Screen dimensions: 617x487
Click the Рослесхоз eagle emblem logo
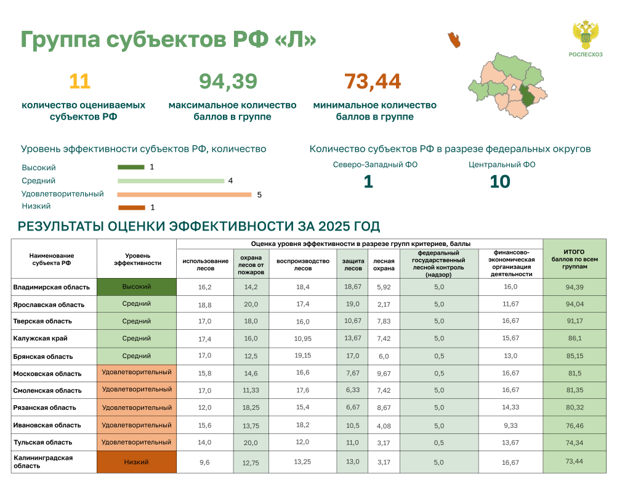point(586,35)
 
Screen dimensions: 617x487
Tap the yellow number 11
point(80,81)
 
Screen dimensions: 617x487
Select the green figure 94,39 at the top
point(228,81)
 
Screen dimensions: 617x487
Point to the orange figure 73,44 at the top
point(373,81)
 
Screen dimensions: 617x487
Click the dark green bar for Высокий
point(131,167)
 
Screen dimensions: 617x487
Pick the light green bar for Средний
point(171,181)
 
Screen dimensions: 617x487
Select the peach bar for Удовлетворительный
point(185,195)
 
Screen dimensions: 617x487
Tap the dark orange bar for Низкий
point(132,208)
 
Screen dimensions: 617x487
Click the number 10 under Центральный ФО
point(500,182)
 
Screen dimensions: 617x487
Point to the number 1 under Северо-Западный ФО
point(368,182)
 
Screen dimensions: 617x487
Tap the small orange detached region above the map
point(454,40)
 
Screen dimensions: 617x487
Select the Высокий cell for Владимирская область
point(137,287)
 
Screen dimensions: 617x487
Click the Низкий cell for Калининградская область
point(137,462)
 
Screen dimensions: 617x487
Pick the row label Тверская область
point(42,321)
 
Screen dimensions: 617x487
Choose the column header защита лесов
point(353,264)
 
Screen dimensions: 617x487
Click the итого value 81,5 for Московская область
point(575,373)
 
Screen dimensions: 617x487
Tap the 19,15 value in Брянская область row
point(303,356)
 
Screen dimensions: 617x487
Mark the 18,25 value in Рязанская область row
point(251,407)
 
